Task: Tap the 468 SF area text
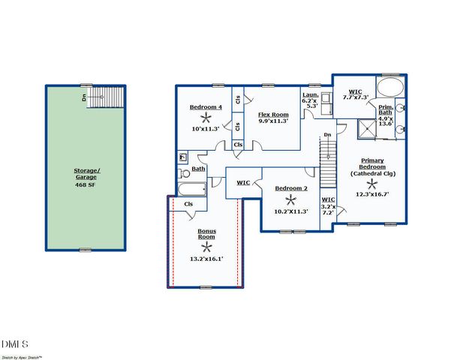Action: (87, 184)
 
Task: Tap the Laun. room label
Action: (311, 95)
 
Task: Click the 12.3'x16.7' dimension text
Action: (372, 195)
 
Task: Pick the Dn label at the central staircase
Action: (327, 135)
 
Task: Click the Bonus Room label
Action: (206, 235)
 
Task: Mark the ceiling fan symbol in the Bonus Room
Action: (206, 247)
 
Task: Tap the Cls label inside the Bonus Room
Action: (188, 203)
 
